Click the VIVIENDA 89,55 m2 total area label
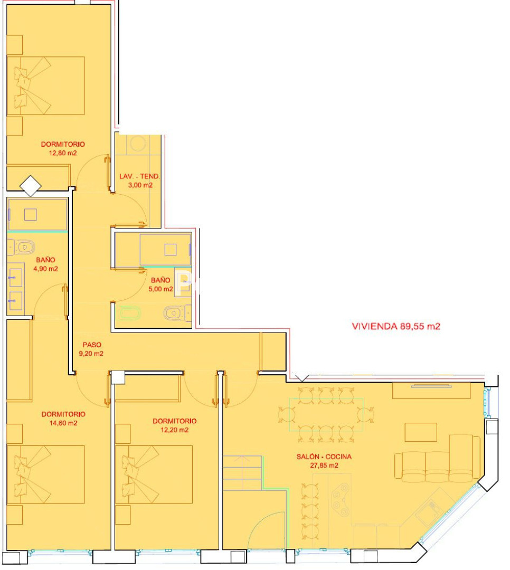point(396,326)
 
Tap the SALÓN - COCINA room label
point(324,457)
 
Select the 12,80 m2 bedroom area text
point(63,153)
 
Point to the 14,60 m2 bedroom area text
point(63,423)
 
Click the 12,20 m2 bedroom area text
point(175,430)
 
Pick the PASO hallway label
point(92,345)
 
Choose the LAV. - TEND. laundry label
point(140,176)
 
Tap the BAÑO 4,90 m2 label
point(45,264)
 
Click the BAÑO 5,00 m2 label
point(160,284)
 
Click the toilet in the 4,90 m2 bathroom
point(22,248)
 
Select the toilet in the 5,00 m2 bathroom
point(177,313)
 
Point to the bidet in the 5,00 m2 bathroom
point(129,313)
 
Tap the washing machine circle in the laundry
point(138,144)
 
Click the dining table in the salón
point(326,415)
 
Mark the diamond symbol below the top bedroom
point(31,186)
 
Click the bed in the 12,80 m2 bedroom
point(46,86)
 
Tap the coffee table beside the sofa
point(421,432)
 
